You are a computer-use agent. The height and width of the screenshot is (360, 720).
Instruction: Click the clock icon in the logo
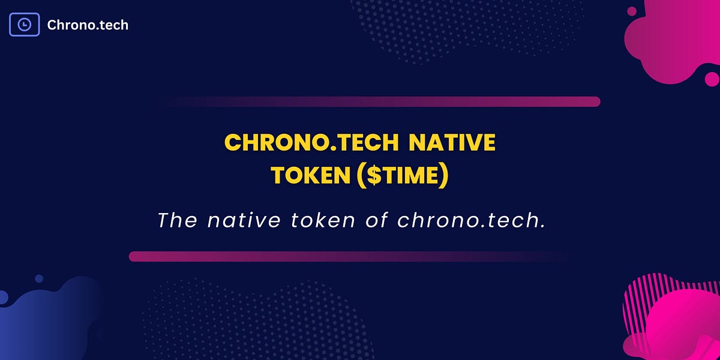point(25,25)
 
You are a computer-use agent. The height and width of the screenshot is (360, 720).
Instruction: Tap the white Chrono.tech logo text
point(88,25)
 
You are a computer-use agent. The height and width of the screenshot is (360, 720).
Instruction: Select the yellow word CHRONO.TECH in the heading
point(311,143)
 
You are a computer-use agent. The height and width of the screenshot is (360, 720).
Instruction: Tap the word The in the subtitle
point(177,220)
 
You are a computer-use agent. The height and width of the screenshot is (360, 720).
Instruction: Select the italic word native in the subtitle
point(244,220)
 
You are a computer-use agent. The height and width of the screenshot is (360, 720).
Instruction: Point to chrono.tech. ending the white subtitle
point(472,220)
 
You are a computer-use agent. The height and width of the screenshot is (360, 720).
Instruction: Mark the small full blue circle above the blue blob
point(39,279)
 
